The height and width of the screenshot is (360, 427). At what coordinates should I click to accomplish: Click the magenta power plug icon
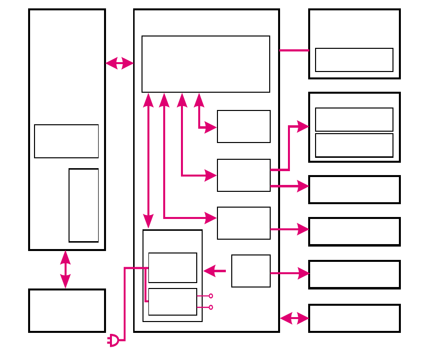pyautogui.click(x=113, y=340)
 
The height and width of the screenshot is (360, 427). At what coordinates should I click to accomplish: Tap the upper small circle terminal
pyautogui.click(x=211, y=296)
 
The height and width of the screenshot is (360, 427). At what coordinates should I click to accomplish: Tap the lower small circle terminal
pyautogui.click(x=211, y=307)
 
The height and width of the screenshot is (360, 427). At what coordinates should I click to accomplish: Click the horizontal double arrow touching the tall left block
pyautogui.click(x=119, y=63)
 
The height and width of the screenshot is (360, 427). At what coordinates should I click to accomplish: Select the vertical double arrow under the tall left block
pyautogui.click(x=65, y=269)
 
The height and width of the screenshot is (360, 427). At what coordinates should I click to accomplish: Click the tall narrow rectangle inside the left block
pyautogui.click(x=84, y=205)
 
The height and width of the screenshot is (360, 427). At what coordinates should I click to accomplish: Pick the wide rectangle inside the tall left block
pyautogui.click(x=67, y=141)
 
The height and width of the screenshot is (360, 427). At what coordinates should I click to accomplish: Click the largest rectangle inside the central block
pyautogui.click(x=206, y=64)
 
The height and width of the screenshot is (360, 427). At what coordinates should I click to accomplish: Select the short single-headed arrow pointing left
pyautogui.click(x=214, y=270)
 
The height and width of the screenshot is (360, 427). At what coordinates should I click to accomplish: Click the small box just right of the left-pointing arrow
pyautogui.click(x=251, y=271)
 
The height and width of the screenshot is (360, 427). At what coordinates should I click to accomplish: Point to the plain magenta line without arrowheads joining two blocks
pyautogui.click(x=294, y=50)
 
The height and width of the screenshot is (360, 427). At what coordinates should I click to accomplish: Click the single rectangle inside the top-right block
pyautogui.click(x=354, y=60)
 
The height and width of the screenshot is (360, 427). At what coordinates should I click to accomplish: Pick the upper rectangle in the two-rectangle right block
pyautogui.click(x=354, y=119)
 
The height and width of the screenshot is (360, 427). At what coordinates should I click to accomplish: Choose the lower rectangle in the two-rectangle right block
pyautogui.click(x=354, y=145)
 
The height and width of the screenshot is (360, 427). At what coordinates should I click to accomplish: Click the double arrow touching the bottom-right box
pyautogui.click(x=294, y=319)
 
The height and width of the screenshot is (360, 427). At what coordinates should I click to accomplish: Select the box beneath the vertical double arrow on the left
pyautogui.click(x=67, y=311)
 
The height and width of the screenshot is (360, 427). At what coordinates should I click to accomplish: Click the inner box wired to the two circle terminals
pyautogui.click(x=173, y=302)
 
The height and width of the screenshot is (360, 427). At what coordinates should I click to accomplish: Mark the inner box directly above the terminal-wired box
pyautogui.click(x=173, y=268)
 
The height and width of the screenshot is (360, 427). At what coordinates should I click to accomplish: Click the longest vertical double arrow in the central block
pyautogui.click(x=148, y=161)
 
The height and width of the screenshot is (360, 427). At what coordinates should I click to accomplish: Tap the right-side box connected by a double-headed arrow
pyautogui.click(x=354, y=319)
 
